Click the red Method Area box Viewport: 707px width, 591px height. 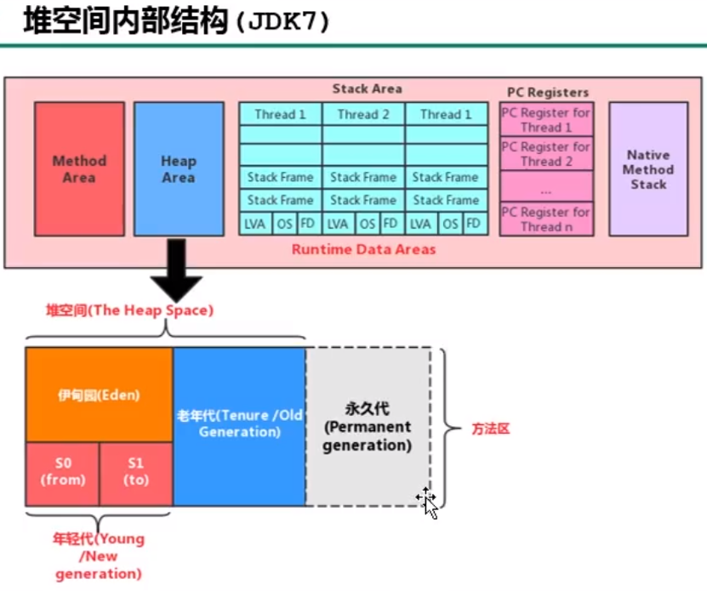pos(79,168)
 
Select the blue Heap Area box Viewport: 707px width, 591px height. pos(179,168)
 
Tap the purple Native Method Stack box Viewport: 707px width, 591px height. pos(648,168)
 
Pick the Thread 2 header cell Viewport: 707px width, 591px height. pos(363,114)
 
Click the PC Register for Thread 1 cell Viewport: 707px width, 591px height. pos(546,120)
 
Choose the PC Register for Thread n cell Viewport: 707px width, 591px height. pos(546,219)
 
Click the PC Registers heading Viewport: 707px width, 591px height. pos(547,92)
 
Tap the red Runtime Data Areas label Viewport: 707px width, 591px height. pos(363,249)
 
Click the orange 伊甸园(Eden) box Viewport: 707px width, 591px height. pos(99,395)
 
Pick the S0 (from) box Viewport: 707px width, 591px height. pos(63,473)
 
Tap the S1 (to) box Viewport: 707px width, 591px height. pos(136,473)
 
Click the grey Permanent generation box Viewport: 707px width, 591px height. pos(367,427)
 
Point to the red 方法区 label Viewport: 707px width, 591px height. pos(490,429)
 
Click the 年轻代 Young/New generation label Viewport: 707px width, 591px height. pos(99,556)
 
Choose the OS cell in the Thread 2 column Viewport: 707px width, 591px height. pos(367,224)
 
